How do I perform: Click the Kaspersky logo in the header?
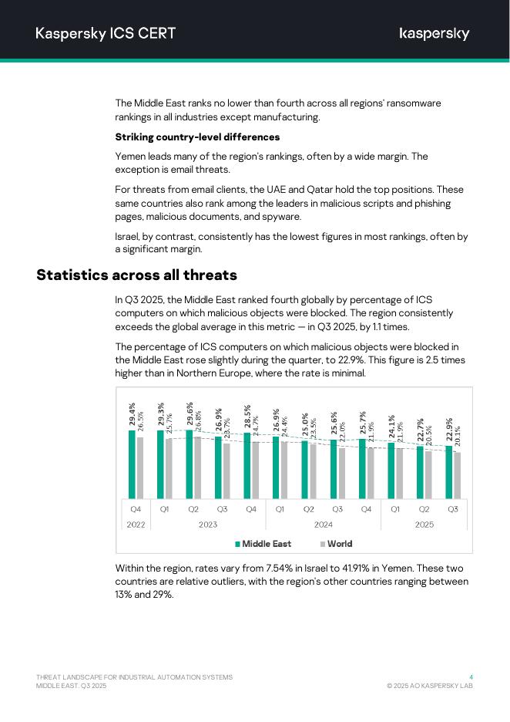(435, 33)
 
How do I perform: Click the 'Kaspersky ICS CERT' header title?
(106, 33)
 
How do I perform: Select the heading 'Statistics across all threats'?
(136, 275)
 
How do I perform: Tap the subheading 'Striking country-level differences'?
(197, 137)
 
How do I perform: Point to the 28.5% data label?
(247, 417)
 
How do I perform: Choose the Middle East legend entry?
(263, 544)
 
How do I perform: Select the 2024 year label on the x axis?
(323, 525)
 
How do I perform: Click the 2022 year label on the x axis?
(136, 525)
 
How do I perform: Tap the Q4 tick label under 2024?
(366, 509)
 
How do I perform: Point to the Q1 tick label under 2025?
(395, 509)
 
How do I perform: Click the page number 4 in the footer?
(471, 677)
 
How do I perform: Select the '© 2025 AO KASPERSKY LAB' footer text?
(430, 686)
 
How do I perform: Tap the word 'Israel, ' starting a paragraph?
(129, 237)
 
